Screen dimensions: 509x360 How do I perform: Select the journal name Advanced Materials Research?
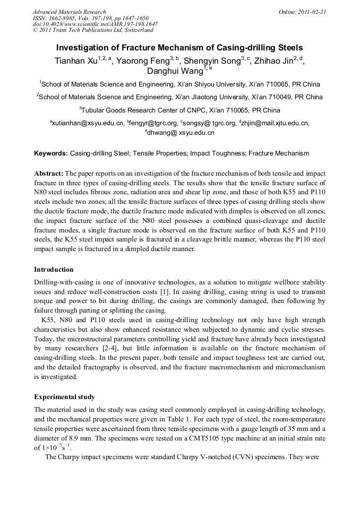coord(69,12)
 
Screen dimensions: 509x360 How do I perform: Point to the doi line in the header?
coord(95,24)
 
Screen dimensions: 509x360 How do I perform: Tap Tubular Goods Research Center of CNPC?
coord(144,110)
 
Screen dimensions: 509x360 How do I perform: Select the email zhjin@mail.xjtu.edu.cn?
coord(276,123)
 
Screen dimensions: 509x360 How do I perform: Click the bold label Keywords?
coord(51,153)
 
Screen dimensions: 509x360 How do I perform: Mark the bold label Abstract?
coord(49,174)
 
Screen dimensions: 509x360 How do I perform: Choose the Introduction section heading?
coord(54,270)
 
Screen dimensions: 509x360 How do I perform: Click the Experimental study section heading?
coord(65,396)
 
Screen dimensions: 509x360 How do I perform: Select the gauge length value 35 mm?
coord(287,429)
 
